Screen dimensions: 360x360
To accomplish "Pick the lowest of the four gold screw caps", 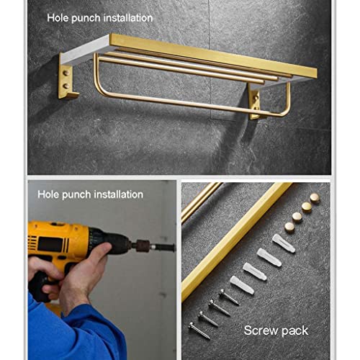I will click(289, 228).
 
